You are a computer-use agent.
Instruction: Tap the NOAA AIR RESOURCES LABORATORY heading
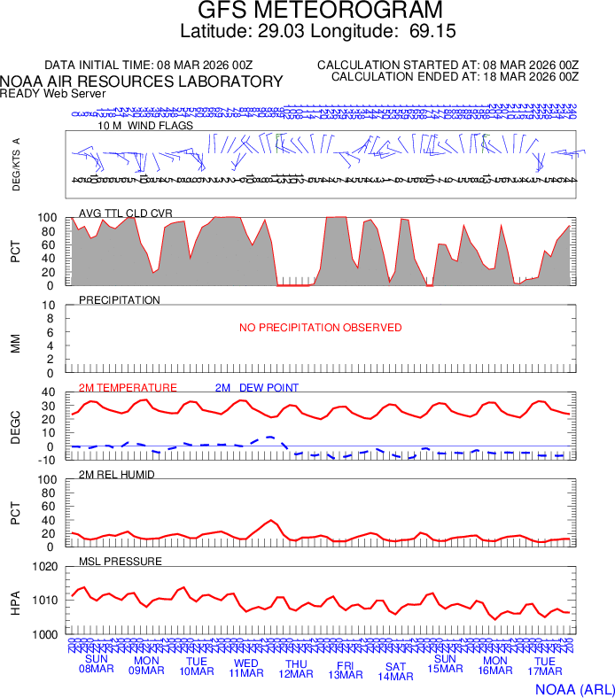142,81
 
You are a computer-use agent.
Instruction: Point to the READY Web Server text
53,93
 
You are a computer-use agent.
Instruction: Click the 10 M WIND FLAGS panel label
145,126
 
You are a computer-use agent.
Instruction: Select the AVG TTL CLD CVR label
126,213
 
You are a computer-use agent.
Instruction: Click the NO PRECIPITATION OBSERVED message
320,328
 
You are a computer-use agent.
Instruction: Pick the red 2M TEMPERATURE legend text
128,388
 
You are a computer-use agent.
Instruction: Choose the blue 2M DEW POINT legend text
257,388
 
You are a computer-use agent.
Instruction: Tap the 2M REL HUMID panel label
117,475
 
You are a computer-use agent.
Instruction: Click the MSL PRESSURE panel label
121,562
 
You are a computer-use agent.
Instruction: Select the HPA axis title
15,601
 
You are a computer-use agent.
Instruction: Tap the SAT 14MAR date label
396,671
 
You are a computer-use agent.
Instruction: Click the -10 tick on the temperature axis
48,459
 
